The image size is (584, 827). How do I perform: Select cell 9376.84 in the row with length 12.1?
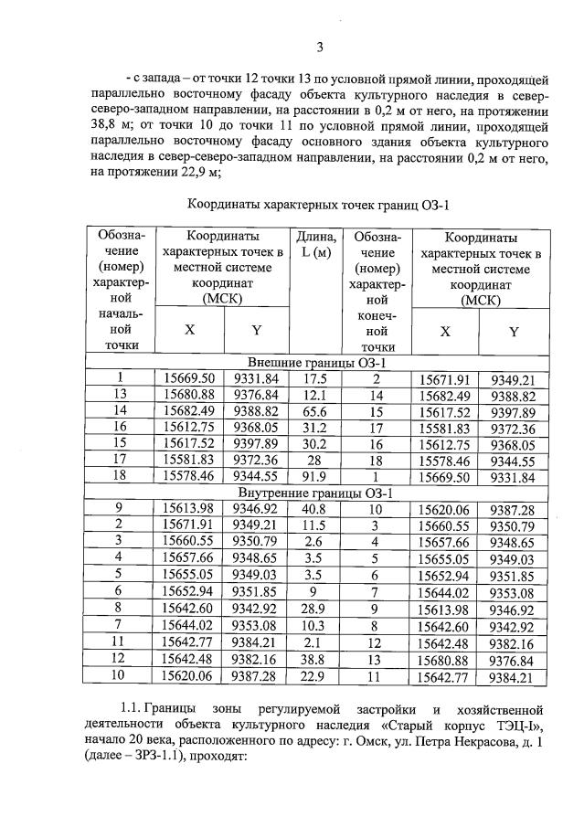point(256,395)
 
